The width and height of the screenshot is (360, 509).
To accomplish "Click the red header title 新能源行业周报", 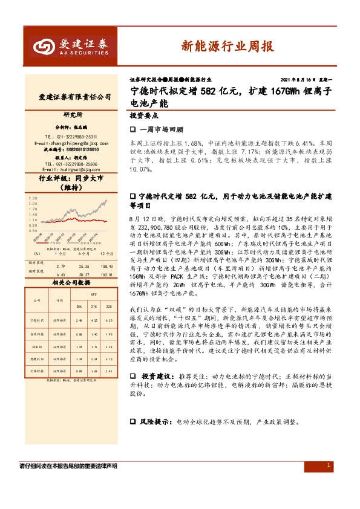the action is pyautogui.click(x=226, y=47).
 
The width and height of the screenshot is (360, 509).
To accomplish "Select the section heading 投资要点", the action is pyautogui.click(x=145, y=114).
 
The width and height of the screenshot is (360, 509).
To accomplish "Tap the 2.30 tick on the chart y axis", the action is pyautogui.click(x=33, y=198).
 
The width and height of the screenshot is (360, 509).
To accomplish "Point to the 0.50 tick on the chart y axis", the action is pyautogui.click(x=33, y=230).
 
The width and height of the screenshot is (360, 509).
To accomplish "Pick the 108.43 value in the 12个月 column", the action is pyautogui.click(x=106, y=266).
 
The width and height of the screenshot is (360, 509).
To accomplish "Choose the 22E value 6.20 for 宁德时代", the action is pyautogui.click(x=109, y=320).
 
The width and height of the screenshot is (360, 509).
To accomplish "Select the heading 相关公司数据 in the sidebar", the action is pyautogui.click(x=71, y=282).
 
